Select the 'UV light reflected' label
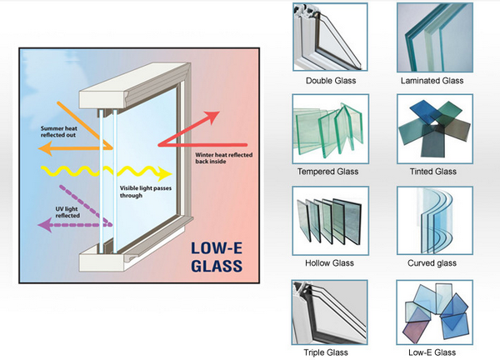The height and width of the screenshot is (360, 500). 57,211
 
